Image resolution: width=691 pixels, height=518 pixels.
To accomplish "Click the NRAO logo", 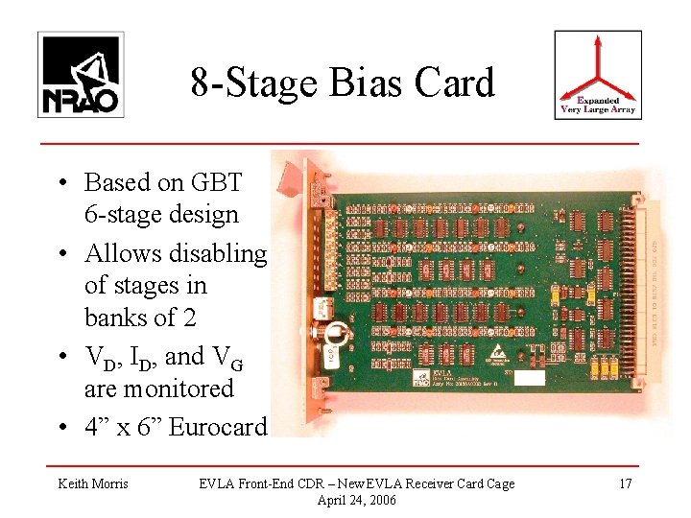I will [81, 75].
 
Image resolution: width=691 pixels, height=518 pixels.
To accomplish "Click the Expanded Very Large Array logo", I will [598, 75].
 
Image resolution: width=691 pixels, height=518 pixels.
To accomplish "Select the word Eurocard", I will [217, 426].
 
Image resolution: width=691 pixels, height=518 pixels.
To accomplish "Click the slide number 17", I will [625, 483].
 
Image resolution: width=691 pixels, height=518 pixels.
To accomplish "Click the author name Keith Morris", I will [93, 483].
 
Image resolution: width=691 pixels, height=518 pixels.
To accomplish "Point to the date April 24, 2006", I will [355, 500].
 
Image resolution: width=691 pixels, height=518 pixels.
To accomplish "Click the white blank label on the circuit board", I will [529, 377].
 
